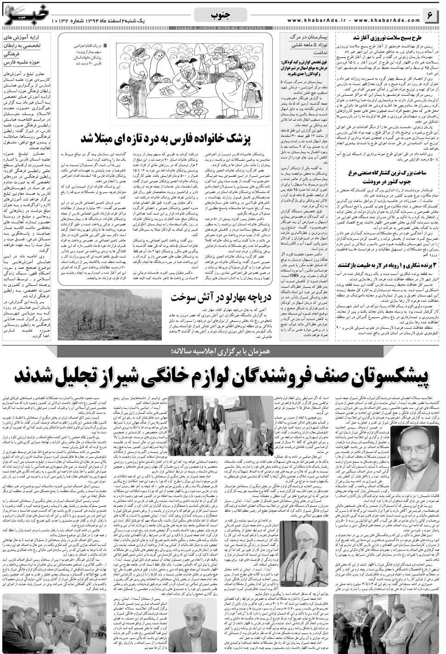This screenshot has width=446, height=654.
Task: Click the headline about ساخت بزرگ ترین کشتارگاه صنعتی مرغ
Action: [x=392, y=177]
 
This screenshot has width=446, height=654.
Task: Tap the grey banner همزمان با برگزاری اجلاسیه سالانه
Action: [x=223, y=339]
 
